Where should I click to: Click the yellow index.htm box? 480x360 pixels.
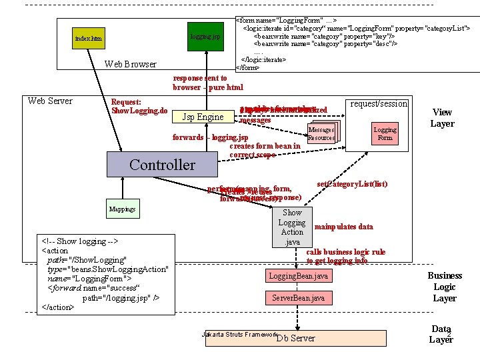(89, 39)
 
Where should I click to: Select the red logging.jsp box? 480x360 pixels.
(205, 36)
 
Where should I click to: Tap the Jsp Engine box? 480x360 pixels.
(203, 117)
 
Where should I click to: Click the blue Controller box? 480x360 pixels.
(162, 165)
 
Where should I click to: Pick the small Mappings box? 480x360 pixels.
(123, 209)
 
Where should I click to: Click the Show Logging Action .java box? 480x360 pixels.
(291, 227)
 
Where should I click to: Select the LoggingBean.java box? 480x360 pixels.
(298, 275)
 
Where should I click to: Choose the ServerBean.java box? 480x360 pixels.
(298, 298)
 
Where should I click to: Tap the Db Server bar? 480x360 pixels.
(295, 338)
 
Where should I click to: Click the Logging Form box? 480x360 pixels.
(385, 134)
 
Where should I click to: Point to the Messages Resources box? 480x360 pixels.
(321, 134)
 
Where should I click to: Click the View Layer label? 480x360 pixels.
(443, 118)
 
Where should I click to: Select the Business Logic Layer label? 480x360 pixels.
(444, 287)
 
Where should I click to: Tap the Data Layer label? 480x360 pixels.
(441, 333)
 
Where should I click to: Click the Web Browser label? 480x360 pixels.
(131, 64)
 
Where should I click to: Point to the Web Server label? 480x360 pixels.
(50, 101)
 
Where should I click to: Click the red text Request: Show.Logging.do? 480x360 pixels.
(139, 106)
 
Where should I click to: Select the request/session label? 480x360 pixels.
(378, 103)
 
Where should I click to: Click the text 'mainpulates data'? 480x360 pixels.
(343, 227)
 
